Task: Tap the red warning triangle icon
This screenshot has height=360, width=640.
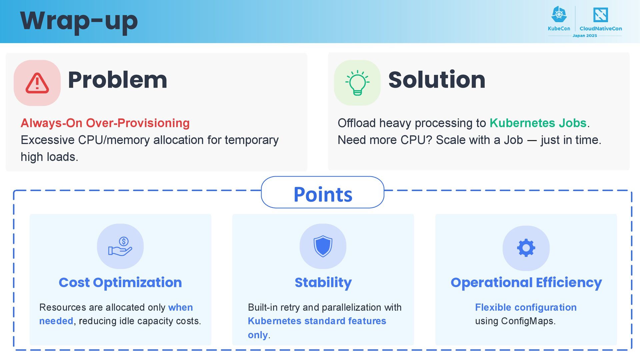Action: [37, 83]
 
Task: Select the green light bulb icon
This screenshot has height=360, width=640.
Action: [357, 83]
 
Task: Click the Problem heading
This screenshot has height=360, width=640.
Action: [117, 80]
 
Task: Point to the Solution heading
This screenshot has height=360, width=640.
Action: [437, 80]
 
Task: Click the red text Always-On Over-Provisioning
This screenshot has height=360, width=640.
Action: [105, 123]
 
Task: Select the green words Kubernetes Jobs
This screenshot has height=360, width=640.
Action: [538, 123]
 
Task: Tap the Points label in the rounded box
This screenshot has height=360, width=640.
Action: [323, 194]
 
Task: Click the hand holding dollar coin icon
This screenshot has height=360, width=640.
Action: [120, 246]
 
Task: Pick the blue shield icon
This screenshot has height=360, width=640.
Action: [323, 246]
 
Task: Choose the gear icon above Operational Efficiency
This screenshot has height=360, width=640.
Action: [526, 248]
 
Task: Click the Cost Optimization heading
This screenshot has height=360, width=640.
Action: [120, 283]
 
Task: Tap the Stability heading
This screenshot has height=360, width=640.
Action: [323, 283]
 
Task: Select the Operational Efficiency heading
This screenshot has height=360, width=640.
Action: [526, 283]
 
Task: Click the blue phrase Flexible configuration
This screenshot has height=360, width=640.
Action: [526, 307]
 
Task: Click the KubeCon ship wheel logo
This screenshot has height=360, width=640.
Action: [559, 15]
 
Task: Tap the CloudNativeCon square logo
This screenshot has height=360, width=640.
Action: [600, 15]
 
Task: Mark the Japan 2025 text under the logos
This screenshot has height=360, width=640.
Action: [585, 36]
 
